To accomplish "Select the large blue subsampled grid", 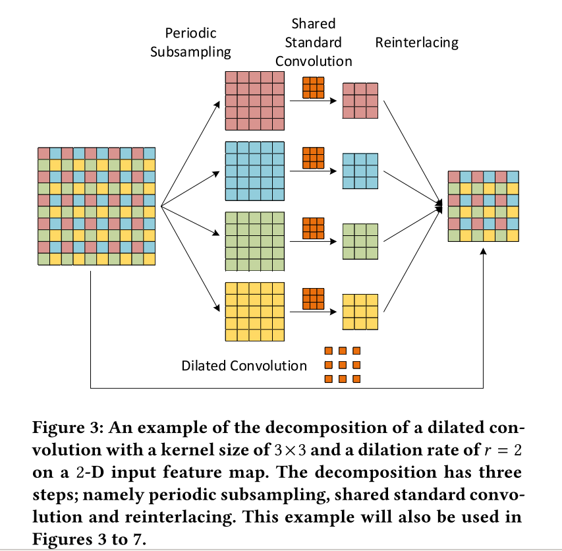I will (254, 170).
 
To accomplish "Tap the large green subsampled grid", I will (254, 241).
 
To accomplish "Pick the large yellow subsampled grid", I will (254, 311).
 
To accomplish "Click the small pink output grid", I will (360, 100).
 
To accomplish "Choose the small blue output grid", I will (360, 171).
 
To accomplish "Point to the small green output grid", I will (360, 241).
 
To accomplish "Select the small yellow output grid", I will (360, 312).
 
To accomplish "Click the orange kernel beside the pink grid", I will (314, 87).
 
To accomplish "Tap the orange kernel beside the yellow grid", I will (314, 299).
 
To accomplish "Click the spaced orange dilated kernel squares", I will (343, 364).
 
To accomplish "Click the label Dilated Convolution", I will (244, 365).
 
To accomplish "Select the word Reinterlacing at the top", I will (416, 43).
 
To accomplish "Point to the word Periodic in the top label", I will (190, 33).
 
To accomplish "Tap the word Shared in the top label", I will (314, 24).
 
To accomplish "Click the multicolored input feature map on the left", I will (96, 206).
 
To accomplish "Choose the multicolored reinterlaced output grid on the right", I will (483, 206).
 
